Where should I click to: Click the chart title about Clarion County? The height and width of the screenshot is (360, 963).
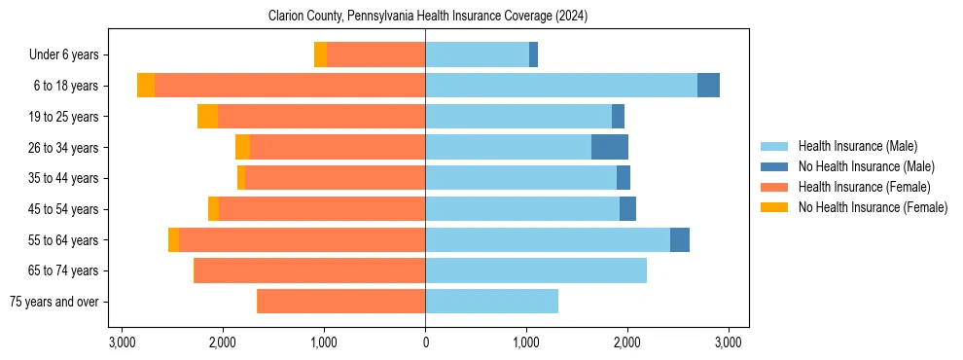coord(427,17)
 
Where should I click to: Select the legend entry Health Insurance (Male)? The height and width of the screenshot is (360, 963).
coord(857,146)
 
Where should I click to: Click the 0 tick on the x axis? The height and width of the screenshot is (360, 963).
coord(425,342)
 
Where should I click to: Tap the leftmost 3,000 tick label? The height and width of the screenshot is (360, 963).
coord(122,342)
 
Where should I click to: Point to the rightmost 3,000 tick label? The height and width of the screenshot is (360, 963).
coord(729,342)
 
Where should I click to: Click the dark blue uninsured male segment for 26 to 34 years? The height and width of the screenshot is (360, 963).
coord(610,147)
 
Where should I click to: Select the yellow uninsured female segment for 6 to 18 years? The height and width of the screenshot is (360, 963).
coord(146,86)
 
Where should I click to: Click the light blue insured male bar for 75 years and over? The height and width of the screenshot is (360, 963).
coord(491,302)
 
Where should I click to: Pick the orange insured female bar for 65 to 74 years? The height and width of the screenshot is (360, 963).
coord(309,270)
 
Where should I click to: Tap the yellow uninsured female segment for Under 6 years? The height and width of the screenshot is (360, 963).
coord(320,54)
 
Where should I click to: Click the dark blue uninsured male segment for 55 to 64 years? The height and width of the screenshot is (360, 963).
coord(680,239)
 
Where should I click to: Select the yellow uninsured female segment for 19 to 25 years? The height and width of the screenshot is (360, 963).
coord(207,117)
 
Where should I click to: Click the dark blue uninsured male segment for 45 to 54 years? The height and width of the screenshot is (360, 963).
coord(627,209)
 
